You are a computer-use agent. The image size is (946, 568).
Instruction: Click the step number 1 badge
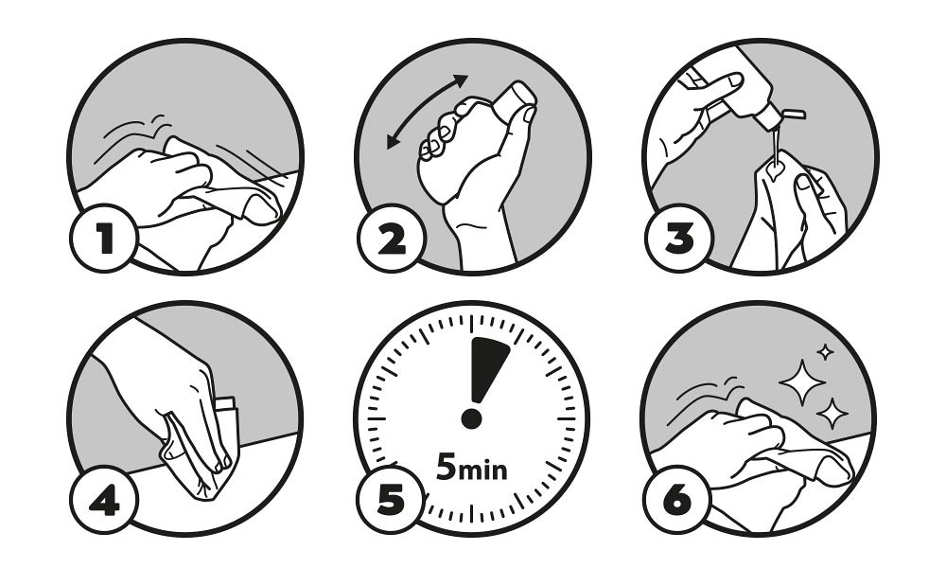pyautogui.click(x=104, y=238)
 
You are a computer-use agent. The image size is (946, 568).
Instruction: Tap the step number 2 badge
pyautogui.click(x=392, y=238)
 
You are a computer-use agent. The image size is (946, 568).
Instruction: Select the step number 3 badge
pyautogui.click(x=678, y=238)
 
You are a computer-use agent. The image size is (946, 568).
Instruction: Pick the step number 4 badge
pyautogui.click(x=104, y=500)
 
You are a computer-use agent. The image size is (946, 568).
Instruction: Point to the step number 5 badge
pyautogui.click(x=391, y=500)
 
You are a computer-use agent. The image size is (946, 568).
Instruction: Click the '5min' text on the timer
pyautogui.click(x=471, y=467)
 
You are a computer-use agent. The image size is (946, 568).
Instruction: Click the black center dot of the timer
pyautogui.click(x=471, y=418)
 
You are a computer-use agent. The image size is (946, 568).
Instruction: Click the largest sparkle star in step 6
pyautogui.click(x=802, y=382)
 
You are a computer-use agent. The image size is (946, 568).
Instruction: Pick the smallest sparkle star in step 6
pyautogui.click(x=825, y=352)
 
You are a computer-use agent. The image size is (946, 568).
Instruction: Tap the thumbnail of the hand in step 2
pyautogui.click(x=528, y=115)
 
